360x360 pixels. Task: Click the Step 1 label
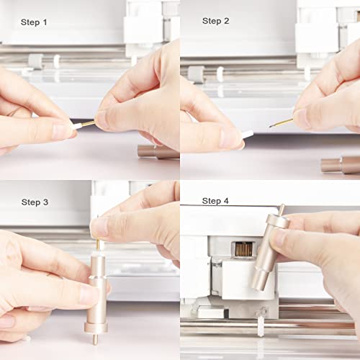click(35, 22)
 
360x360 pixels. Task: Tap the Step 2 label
click(216, 21)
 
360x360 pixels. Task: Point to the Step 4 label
click(216, 201)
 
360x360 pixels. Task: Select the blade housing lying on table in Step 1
click(158, 152)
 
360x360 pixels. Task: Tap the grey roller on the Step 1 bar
click(35, 60)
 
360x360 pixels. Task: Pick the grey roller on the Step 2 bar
click(195, 73)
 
